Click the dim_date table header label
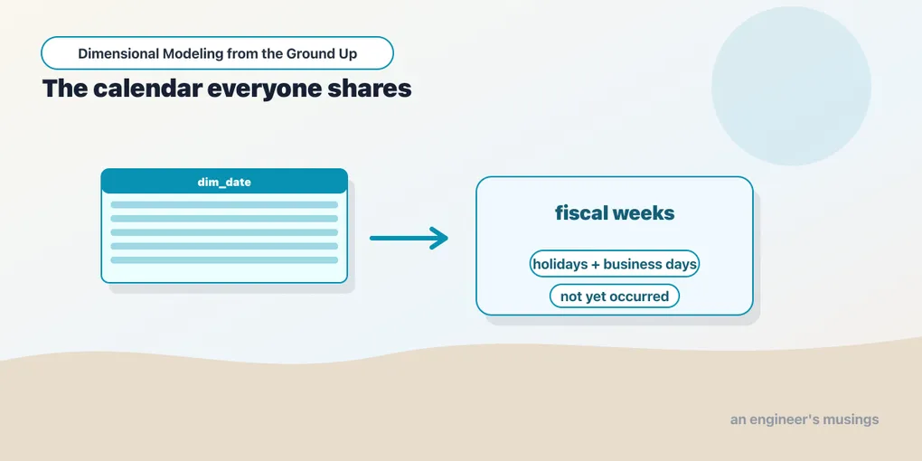pos(224,183)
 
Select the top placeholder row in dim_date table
pos(224,204)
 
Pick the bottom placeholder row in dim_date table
pos(224,260)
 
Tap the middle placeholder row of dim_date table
pos(224,232)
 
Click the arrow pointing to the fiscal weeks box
pos(409,238)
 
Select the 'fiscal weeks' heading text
pos(615,212)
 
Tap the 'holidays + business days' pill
pos(615,264)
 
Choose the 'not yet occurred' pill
pos(615,296)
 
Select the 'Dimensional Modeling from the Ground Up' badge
pos(217,53)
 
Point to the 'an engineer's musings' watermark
pos(804,419)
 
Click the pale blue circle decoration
pos(791,86)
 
